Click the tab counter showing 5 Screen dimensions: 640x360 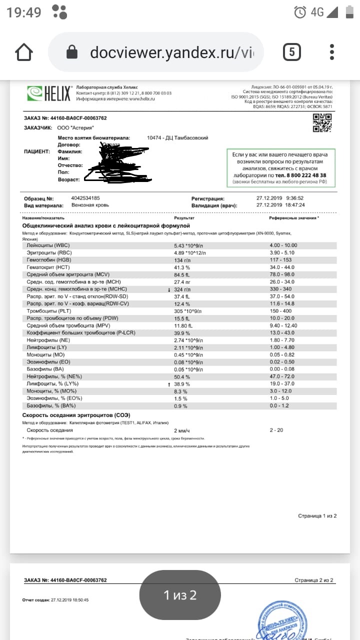coord(291,52)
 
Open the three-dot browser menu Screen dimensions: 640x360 coord(332,52)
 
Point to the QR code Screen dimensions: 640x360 coord(322,123)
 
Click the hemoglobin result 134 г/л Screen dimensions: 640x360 coord(181,260)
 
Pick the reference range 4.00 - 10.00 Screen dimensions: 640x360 coord(283,245)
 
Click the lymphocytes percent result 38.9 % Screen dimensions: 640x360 coord(182,383)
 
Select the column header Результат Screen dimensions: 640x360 coord(184,218)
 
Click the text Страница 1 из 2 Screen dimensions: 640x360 coord(317,515)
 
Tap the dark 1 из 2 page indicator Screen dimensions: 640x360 coord(180,595)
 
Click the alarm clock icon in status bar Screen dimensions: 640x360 coord(300,12)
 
